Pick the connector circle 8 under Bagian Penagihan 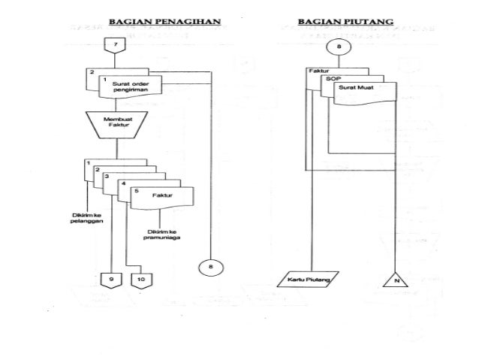[210, 266]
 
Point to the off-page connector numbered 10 [141, 280]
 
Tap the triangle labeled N [395, 281]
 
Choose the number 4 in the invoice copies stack [122, 183]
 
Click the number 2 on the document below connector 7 [92, 72]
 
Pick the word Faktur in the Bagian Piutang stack [319, 71]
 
